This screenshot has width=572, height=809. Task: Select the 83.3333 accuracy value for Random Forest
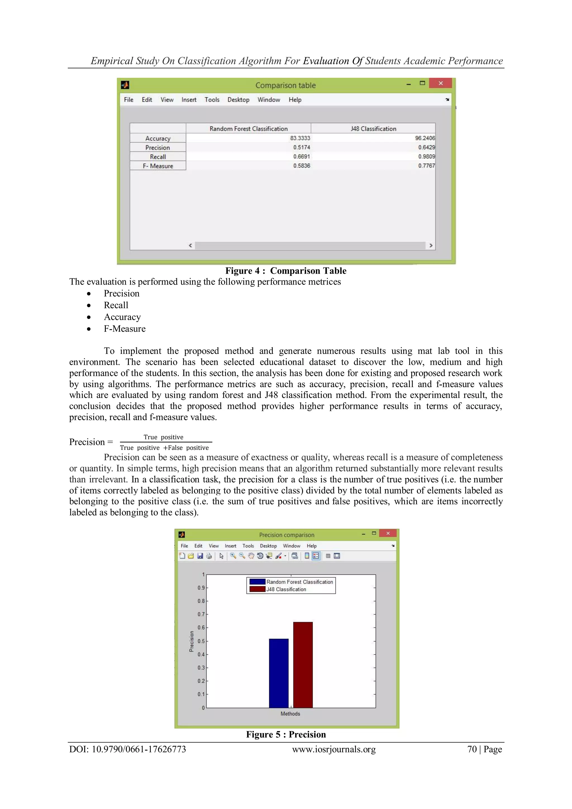(300, 138)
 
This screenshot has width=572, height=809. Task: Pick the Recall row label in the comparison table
(158, 157)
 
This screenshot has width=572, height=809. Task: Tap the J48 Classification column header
(373, 129)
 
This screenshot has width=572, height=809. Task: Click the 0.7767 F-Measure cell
(426, 166)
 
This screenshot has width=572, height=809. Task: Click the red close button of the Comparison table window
(440, 83)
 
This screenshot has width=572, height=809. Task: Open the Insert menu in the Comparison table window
(189, 100)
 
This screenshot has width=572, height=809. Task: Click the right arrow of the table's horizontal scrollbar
(431, 245)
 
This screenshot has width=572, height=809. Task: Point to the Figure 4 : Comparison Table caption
(286, 271)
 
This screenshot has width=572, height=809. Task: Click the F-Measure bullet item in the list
(124, 329)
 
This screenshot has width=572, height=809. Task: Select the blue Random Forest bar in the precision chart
(278, 673)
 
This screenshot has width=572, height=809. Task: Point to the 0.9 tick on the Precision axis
(201, 588)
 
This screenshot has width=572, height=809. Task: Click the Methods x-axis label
(290, 714)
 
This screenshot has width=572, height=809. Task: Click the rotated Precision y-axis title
(191, 641)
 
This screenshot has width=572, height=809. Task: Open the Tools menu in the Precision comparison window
(248, 546)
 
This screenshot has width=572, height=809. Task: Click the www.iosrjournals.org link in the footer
(333, 749)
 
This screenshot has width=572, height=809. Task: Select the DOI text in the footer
(127, 749)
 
